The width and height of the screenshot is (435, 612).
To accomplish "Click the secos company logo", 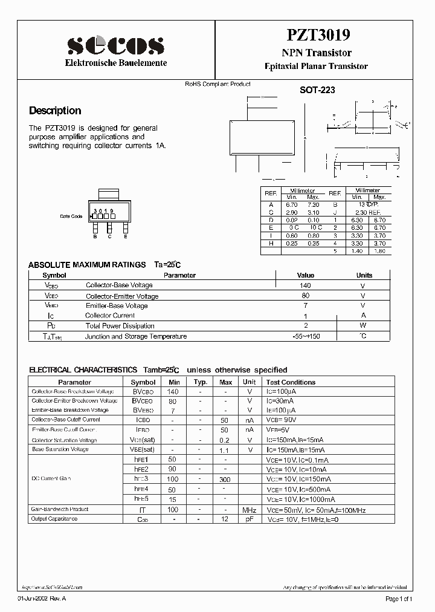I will pyautogui.click(x=115, y=44).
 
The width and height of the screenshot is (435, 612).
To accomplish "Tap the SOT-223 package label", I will pyautogui.click(x=317, y=90).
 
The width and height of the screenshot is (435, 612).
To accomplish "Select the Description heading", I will pyautogui.click(x=55, y=111).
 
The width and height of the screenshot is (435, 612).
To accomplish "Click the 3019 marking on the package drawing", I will pyautogui.click(x=104, y=211).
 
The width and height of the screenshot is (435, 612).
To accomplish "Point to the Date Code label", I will pyautogui.click(x=71, y=216).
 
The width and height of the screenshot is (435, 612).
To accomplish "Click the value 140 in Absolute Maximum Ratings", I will pyautogui.click(x=306, y=285).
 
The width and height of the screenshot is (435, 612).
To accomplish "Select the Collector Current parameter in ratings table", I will pyautogui.click(x=110, y=316).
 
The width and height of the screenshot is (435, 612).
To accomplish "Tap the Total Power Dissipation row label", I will pyautogui.click(x=120, y=326).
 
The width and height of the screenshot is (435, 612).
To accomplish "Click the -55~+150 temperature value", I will pyautogui.click(x=306, y=336).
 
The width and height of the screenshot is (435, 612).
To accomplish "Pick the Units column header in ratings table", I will pyautogui.click(x=364, y=275).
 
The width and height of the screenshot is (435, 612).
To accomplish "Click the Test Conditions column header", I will pyautogui.click(x=291, y=382).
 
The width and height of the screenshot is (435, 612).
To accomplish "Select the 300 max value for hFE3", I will pyautogui.click(x=225, y=479).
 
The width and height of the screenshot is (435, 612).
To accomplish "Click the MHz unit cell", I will pyautogui.click(x=249, y=510).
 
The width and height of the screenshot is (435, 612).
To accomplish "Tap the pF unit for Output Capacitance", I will pyautogui.click(x=249, y=519).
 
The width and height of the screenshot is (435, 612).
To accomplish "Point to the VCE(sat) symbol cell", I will pyautogui.click(x=143, y=440).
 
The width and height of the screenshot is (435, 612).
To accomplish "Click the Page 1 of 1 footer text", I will pyautogui.click(x=399, y=599).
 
